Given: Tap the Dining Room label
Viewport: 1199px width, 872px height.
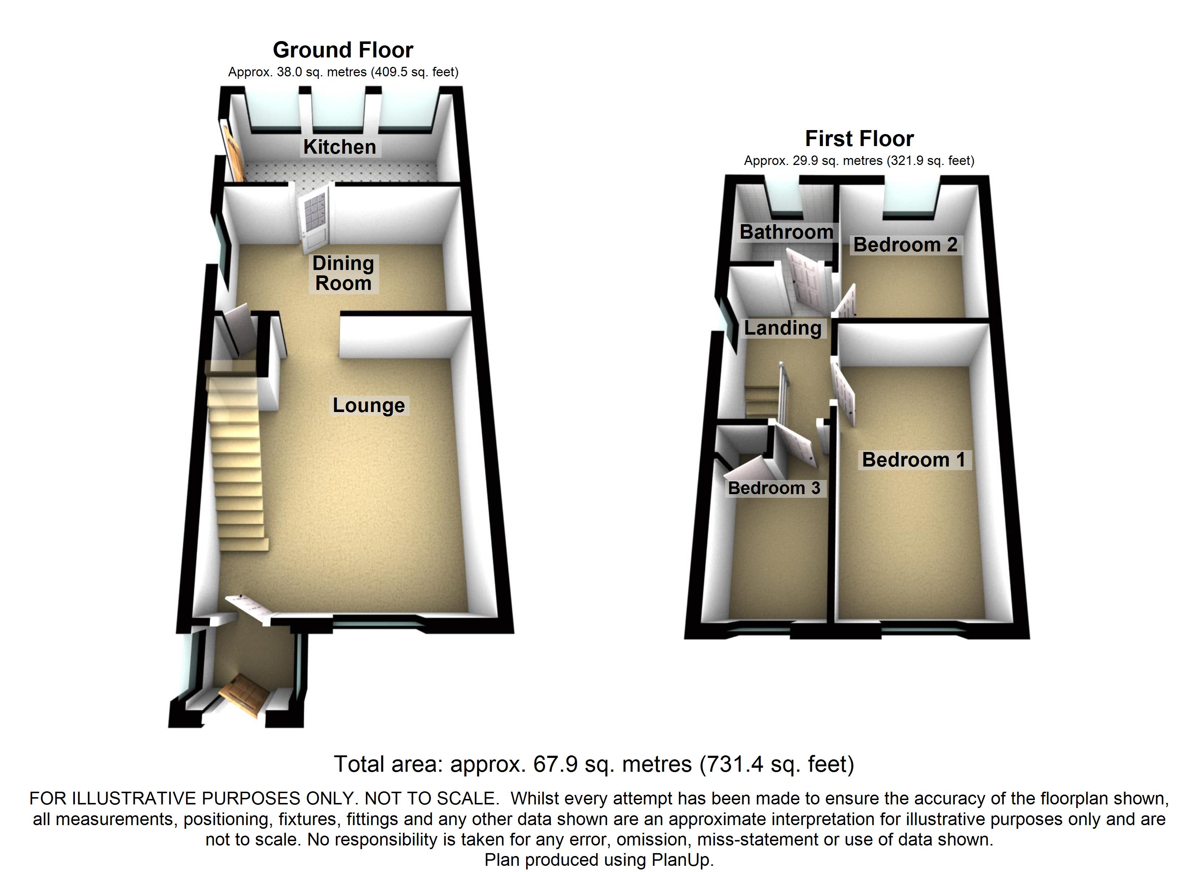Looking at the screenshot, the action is click(x=343, y=273).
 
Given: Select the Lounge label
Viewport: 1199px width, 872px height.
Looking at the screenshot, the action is click(x=368, y=405).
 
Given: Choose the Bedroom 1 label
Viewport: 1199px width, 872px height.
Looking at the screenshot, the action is click(x=913, y=460).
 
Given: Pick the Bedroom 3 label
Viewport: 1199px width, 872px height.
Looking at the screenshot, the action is click(x=774, y=488).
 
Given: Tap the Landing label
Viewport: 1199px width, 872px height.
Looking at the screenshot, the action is click(x=782, y=328).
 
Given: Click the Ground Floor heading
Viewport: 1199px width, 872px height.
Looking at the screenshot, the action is click(x=343, y=50).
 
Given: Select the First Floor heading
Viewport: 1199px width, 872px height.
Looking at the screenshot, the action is click(x=859, y=138).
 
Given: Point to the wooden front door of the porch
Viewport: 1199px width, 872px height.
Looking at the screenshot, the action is click(x=243, y=694).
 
